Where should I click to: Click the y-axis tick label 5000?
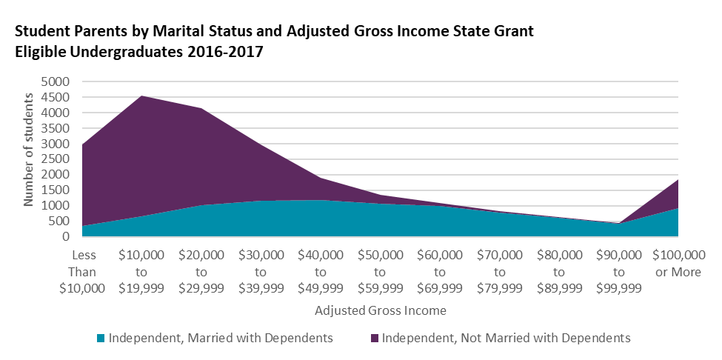point(56,81)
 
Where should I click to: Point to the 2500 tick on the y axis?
point(56,159)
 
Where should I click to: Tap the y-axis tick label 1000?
point(56,206)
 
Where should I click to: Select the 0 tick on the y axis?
point(66,237)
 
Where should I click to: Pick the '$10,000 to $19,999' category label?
point(141,270)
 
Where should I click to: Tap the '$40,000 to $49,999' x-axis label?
point(321,270)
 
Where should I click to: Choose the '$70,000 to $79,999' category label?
point(500,270)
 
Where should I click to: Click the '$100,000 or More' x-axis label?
point(678,262)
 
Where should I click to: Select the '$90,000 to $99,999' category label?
point(619,270)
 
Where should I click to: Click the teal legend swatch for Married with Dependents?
point(101,339)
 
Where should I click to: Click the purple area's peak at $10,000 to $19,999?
point(141,96)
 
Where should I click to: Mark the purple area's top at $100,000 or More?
point(678,180)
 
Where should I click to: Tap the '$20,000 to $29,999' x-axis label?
point(201,270)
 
